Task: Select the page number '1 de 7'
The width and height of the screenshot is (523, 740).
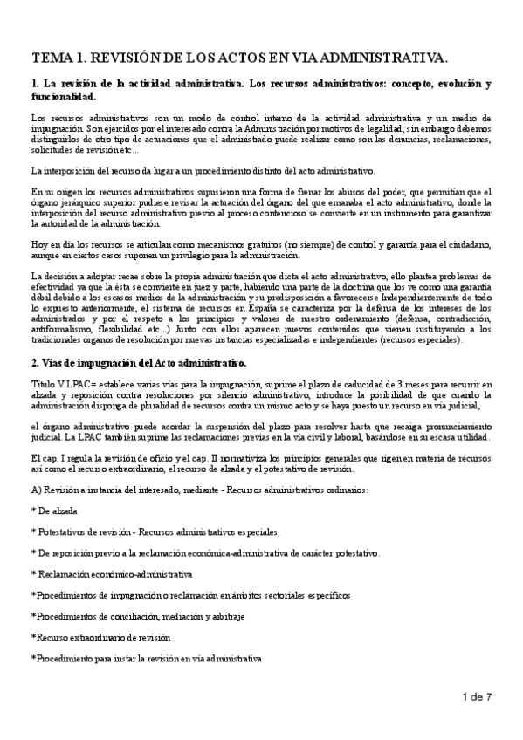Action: (477, 696)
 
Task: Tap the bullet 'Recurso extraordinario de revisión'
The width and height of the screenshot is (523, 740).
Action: (103, 637)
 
